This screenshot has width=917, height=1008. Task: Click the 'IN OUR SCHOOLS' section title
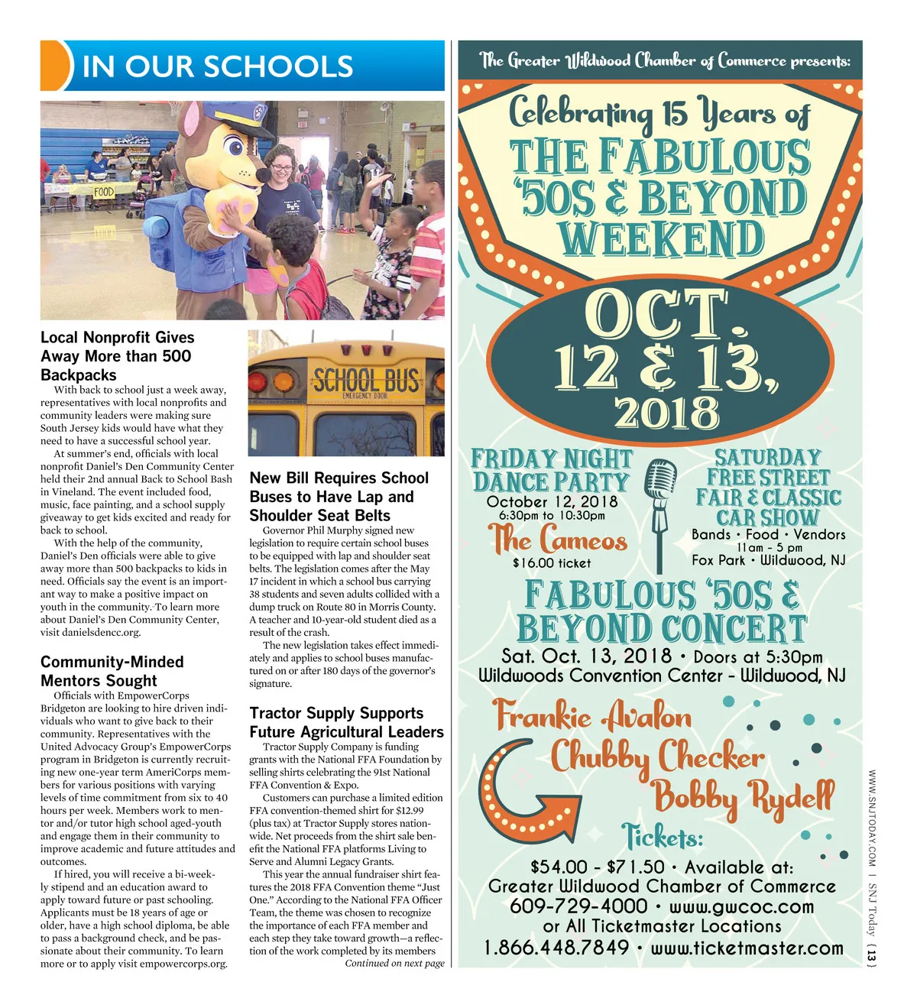[x=217, y=66]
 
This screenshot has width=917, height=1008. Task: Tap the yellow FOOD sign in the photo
[x=104, y=191]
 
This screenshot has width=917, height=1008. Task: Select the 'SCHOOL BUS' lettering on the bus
[x=366, y=380]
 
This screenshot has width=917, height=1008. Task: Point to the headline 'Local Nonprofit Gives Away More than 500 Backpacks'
[x=118, y=356]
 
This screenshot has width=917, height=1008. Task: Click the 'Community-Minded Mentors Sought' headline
[x=112, y=671]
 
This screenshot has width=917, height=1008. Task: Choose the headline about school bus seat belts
[x=339, y=497]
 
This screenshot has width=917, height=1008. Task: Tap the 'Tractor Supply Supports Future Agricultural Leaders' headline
[x=346, y=722]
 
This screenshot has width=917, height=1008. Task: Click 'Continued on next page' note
[x=394, y=964]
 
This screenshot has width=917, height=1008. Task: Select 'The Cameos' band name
[x=559, y=540]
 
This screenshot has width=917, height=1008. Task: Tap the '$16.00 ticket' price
[x=552, y=563]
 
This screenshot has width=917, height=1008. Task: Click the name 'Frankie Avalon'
[x=592, y=716]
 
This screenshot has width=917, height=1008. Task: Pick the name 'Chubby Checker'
[x=657, y=757]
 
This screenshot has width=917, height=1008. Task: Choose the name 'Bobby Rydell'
[x=743, y=796]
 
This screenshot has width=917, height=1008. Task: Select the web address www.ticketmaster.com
[x=747, y=948]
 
